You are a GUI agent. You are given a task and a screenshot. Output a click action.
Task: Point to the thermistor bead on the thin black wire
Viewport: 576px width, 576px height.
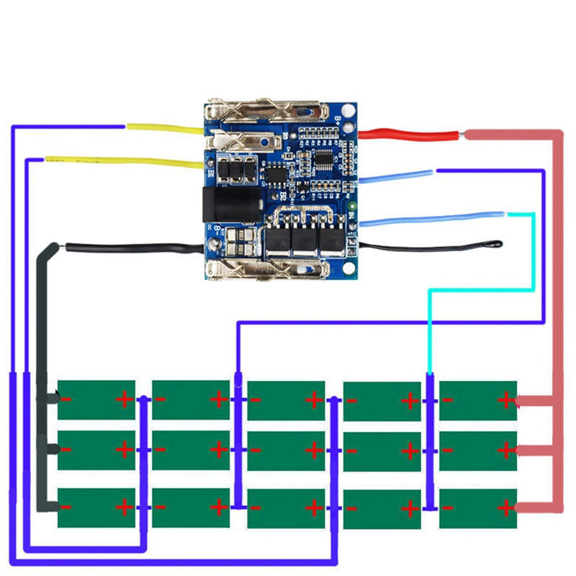coord(497,246)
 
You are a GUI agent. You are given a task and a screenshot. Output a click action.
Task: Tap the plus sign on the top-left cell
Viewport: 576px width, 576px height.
coord(125,398)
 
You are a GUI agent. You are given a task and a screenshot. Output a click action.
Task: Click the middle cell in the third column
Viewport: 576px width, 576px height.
coord(286,450)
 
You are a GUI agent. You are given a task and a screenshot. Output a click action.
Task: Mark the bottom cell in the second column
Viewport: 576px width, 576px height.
coord(191,507)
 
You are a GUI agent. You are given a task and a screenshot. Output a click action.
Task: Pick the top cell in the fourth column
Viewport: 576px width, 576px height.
coord(382,400)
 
